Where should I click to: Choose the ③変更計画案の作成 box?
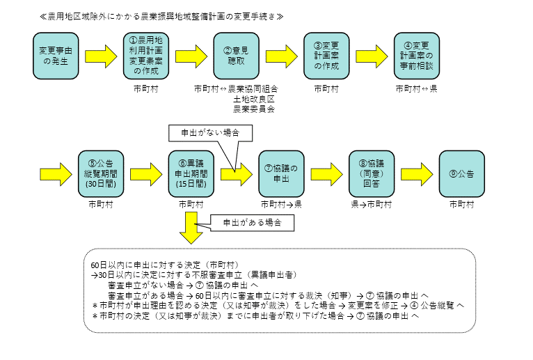click(x=326, y=55)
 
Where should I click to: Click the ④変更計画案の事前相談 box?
click(x=417, y=55)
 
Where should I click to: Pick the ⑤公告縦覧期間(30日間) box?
click(x=101, y=173)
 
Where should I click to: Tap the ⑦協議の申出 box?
click(x=281, y=173)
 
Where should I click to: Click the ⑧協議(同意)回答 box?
click(x=372, y=173)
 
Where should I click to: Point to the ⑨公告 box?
click(x=462, y=173)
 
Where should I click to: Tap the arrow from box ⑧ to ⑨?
click(x=417, y=173)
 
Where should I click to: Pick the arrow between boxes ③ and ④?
click(x=372, y=55)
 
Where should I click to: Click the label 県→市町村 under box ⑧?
click(x=372, y=205)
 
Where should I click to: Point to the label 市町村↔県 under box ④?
click(x=417, y=88)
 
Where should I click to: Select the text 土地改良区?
click(x=253, y=99)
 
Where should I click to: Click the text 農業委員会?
click(x=253, y=109)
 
